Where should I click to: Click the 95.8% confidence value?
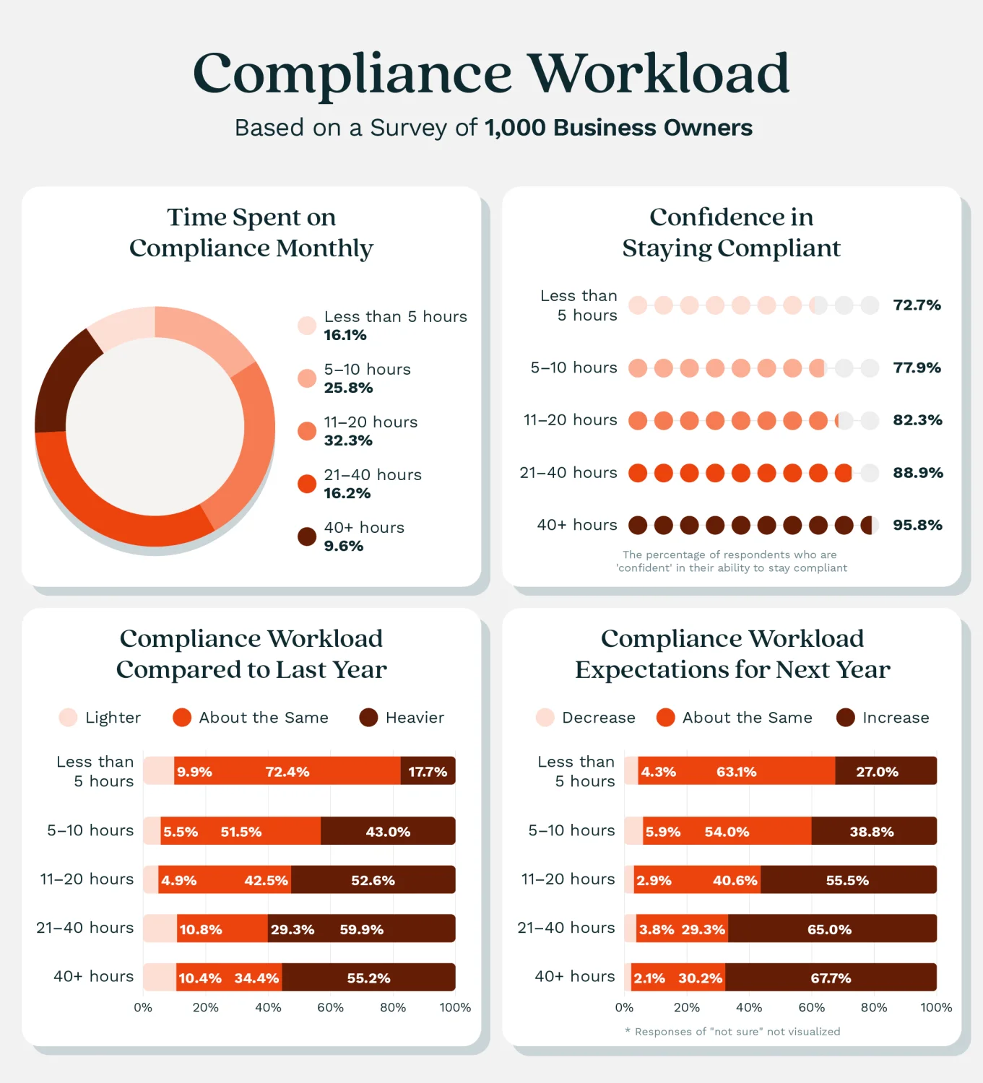pyautogui.click(x=917, y=525)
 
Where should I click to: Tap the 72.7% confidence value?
pyautogui.click(x=917, y=305)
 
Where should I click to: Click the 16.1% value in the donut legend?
pyautogui.click(x=345, y=335)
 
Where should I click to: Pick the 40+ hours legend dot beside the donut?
pyautogui.click(x=307, y=536)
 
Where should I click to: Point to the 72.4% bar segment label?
pyautogui.click(x=287, y=772)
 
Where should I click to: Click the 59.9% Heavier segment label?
pyautogui.click(x=361, y=929)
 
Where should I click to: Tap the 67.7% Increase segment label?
pyautogui.click(x=831, y=978)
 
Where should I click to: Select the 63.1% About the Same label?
pyautogui.click(x=736, y=772)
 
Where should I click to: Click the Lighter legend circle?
pyautogui.click(x=68, y=718)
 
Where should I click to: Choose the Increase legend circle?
pyautogui.click(x=846, y=718)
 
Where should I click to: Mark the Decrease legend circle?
pyautogui.click(x=545, y=718)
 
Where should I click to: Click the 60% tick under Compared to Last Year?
pyautogui.click(x=330, y=1007)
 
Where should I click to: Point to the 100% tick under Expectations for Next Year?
pyautogui.click(x=936, y=1007)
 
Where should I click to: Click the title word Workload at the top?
pyautogui.click(x=658, y=74)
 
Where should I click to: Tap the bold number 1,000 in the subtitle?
pyautogui.click(x=515, y=128)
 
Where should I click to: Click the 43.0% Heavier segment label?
pyautogui.click(x=388, y=832)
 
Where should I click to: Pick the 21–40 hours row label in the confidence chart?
pyautogui.click(x=568, y=473)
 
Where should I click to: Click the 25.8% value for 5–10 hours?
pyautogui.click(x=348, y=388)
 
